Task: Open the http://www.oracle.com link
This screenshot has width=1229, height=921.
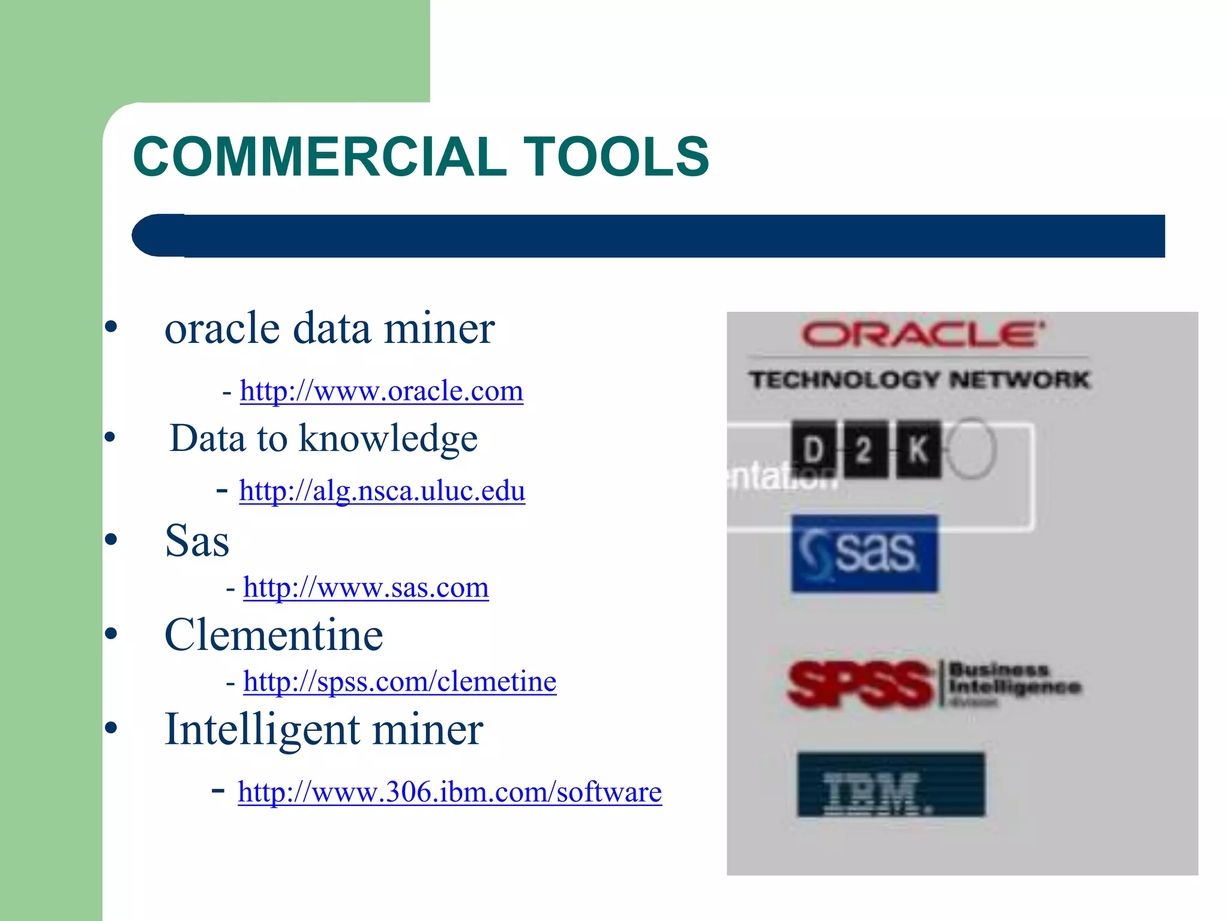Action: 382,391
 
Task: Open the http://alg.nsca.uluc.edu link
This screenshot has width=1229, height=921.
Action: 382,490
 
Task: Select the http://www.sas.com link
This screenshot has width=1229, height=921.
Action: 366,588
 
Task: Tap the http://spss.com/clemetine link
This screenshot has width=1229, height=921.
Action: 400,682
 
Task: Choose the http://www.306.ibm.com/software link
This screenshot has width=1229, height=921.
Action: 450,792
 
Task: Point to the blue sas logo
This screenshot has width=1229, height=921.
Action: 864,553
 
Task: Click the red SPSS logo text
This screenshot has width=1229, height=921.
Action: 859,685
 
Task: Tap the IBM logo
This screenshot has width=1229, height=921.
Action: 891,785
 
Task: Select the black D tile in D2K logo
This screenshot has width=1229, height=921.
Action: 813,450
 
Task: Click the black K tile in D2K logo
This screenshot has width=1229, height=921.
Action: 918,450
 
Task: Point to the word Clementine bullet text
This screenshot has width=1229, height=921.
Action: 274,636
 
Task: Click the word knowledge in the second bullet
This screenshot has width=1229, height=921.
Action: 388,439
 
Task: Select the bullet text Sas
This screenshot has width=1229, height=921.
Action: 197,541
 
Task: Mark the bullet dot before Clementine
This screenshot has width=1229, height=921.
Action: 111,633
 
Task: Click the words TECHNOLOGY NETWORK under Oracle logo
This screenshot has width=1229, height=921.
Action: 919,380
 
